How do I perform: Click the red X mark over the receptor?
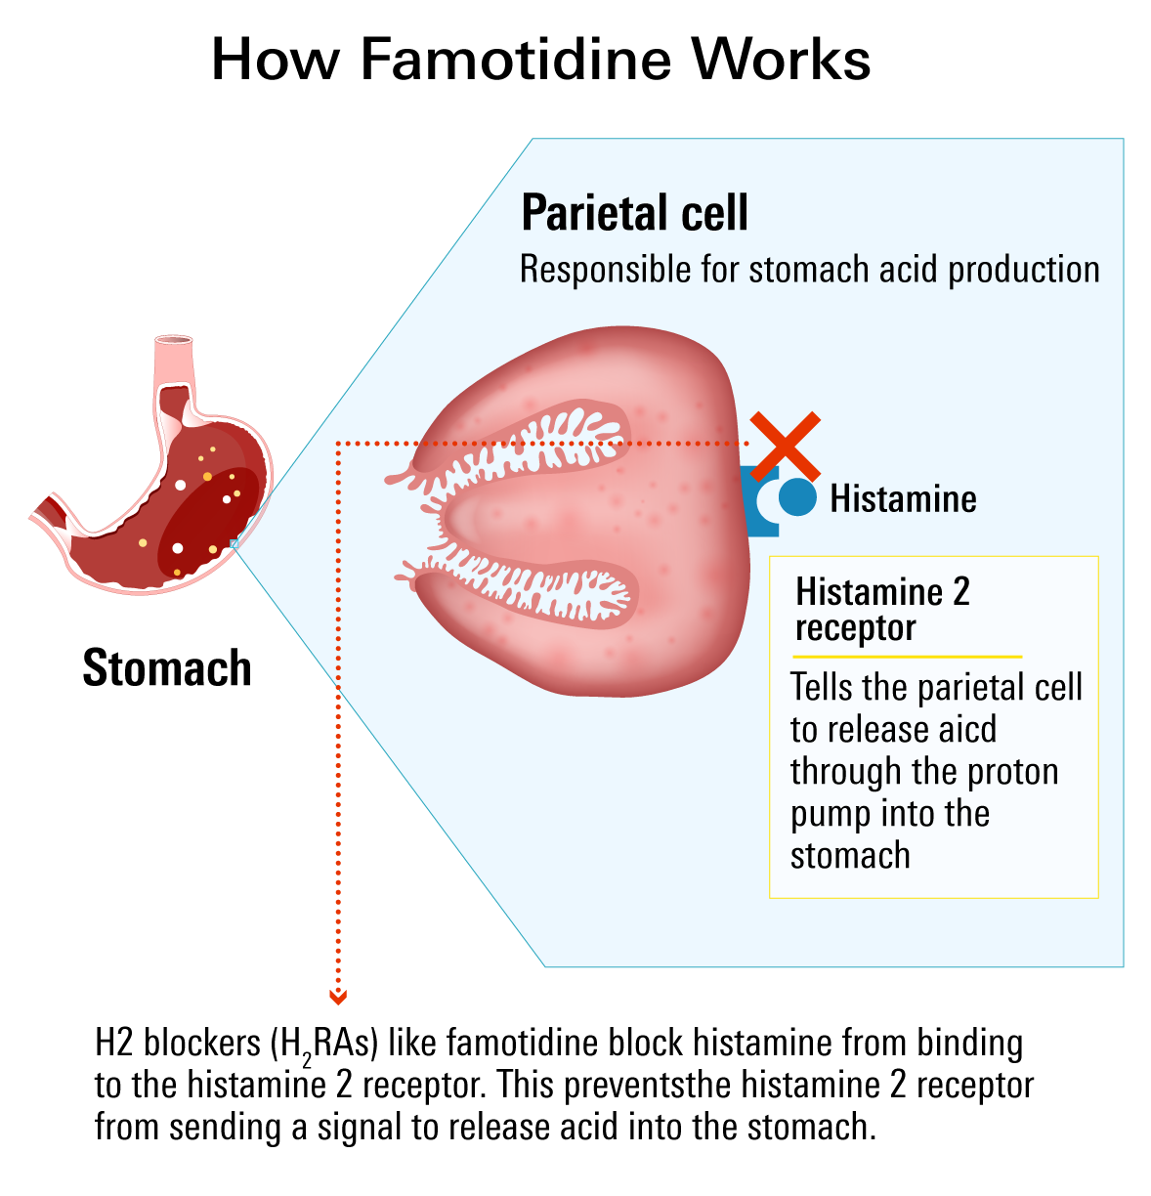pos(785,446)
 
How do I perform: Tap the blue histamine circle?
pos(798,497)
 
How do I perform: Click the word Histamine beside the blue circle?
pos(903,499)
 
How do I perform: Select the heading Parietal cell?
pos(634,213)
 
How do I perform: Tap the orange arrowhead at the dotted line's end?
pos(338,997)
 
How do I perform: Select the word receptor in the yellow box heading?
pos(856,628)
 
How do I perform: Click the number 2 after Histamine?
pos(960,592)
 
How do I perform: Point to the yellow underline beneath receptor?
pos(909,657)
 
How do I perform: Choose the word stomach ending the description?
pos(850,856)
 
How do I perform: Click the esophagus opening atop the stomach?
pos(174,341)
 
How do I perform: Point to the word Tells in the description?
pos(823,688)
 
